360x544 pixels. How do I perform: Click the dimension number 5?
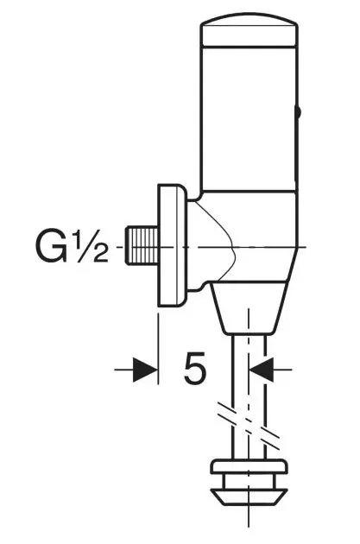tap(195, 370)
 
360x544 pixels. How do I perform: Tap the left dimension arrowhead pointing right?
tap(147, 370)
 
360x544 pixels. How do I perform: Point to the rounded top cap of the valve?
tap(249, 33)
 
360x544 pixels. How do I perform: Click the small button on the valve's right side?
tap(299, 111)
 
